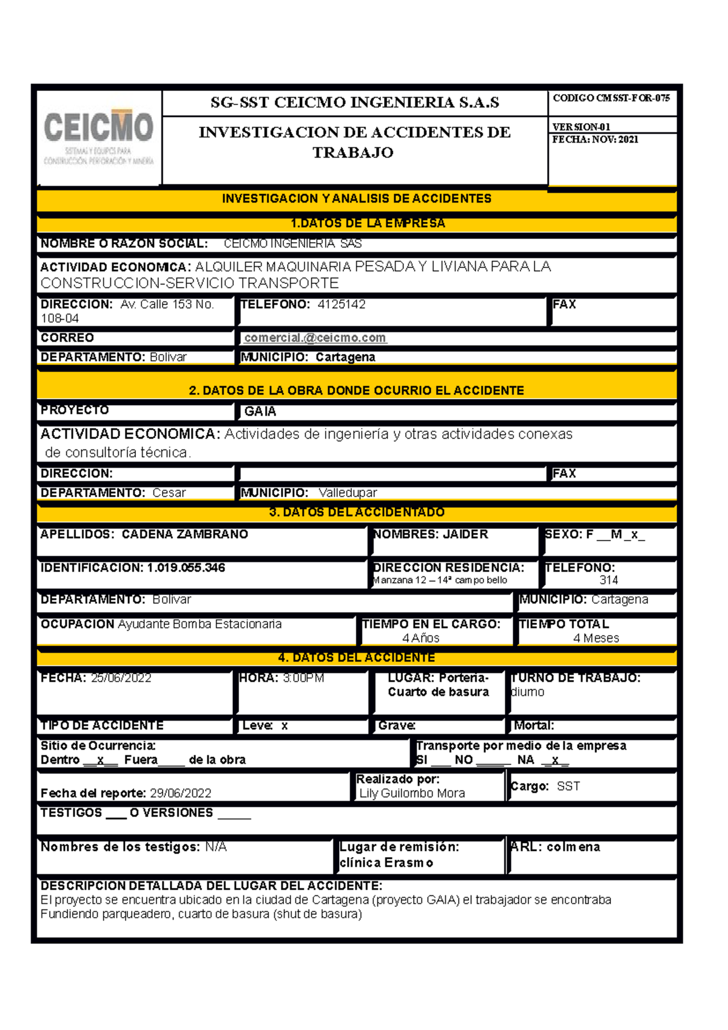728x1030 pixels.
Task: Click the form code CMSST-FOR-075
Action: pyautogui.click(x=633, y=98)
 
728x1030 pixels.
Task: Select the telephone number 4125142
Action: pyautogui.click(x=342, y=305)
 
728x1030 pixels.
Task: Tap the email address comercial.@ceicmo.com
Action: pyautogui.click(x=315, y=338)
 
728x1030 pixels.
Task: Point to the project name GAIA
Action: pyautogui.click(x=260, y=411)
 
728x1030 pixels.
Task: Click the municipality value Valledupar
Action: pyautogui.click(x=348, y=493)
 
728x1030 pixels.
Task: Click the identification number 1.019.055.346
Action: pyautogui.click(x=186, y=568)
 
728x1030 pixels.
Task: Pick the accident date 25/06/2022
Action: pyautogui.click(x=121, y=678)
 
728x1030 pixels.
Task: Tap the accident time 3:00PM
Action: pyautogui.click(x=303, y=678)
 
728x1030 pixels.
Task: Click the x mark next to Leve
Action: pyautogui.click(x=284, y=725)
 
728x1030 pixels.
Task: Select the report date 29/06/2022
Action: pyautogui.click(x=181, y=793)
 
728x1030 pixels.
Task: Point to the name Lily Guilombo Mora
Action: pyautogui.click(x=412, y=793)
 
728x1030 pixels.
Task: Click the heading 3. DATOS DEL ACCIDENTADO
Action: pyautogui.click(x=357, y=513)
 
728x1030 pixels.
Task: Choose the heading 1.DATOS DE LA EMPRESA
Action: pyautogui.click(x=368, y=223)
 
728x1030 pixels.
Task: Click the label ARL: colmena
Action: pyautogui.click(x=555, y=847)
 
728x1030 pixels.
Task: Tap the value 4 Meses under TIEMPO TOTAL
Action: pyautogui.click(x=596, y=638)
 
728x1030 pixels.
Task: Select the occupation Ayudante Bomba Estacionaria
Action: pyautogui.click(x=200, y=624)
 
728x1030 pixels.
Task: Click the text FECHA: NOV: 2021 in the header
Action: pyautogui.click(x=595, y=140)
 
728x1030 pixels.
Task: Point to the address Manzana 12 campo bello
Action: pyautogui.click(x=440, y=581)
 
